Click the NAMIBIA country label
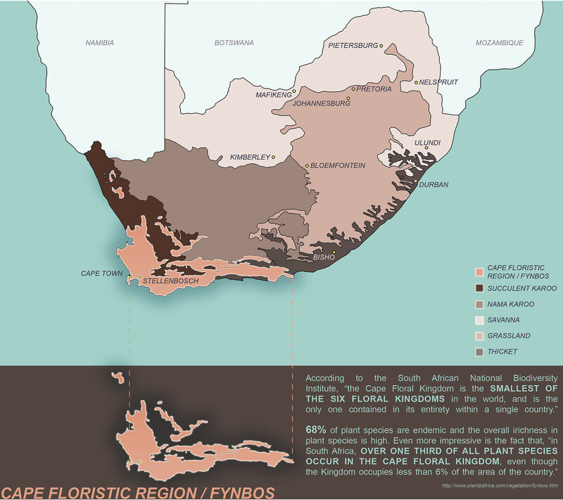pos(99,43)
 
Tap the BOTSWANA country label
pos(234,43)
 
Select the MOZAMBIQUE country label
pos(499,43)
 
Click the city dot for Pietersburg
pos(381,46)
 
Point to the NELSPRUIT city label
pos(439,82)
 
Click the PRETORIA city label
pos(374,89)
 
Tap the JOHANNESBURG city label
pos(321,103)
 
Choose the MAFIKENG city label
pos(273,94)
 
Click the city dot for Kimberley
pos(273,157)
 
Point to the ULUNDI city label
pos(427,143)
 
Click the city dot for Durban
pos(417,182)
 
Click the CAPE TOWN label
pos(102,273)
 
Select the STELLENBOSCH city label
pos(170,281)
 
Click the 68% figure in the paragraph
pos(316,429)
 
